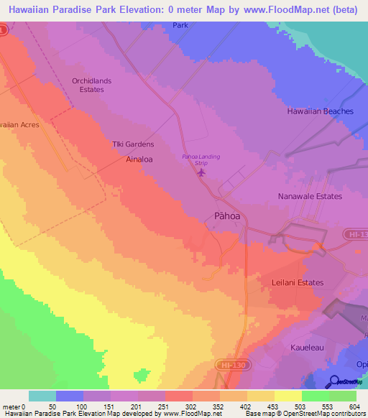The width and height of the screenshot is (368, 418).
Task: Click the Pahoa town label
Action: [221, 215]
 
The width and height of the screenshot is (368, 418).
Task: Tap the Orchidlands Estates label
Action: [91, 85]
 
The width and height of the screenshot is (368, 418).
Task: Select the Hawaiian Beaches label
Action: [320, 111]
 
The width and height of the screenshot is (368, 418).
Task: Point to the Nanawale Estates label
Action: [310, 196]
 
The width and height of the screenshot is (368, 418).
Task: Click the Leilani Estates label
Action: [298, 282]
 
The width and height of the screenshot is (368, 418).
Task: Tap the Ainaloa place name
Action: [140, 158]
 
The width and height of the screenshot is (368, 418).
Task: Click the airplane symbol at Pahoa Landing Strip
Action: [201, 172]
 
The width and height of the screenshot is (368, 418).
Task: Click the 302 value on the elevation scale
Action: [179, 406]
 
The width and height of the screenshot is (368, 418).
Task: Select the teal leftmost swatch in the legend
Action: [42, 396]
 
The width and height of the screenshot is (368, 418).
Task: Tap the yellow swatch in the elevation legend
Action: [288, 396]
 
